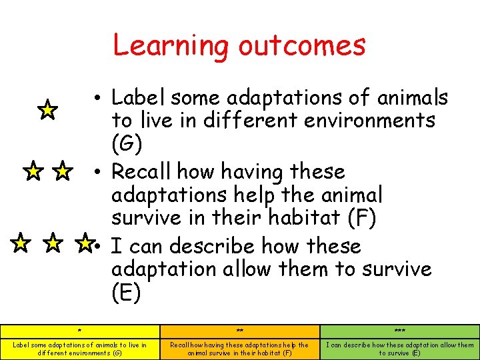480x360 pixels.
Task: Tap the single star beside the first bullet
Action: click(47, 109)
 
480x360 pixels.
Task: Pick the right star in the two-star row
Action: click(62, 173)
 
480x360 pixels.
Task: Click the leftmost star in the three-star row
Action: click(21, 243)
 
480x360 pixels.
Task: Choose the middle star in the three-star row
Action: click(52, 243)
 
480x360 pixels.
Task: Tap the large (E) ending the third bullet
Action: click(126, 293)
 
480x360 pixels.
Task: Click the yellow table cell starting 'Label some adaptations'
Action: click(80, 349)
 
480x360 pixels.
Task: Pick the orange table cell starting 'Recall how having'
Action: click(240, 349)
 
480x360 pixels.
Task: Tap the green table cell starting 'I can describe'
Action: click(400, 349)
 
